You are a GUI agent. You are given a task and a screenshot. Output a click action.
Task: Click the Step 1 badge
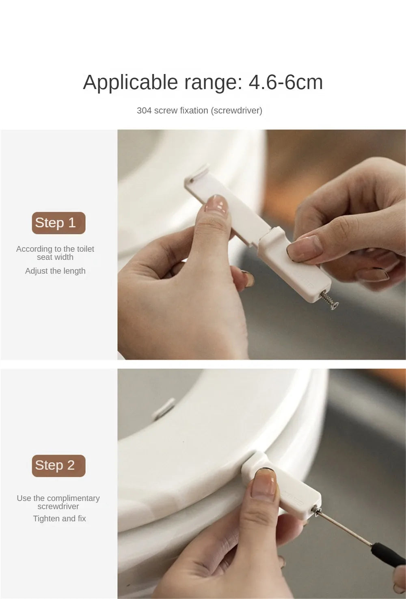(58, 223)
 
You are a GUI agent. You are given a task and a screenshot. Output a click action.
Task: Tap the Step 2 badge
(58, 466)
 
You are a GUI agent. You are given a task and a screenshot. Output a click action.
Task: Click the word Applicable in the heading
(130, 83)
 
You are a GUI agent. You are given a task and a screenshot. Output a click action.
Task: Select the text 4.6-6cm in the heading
(285, 82)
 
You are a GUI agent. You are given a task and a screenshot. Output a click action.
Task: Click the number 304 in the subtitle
(144, 111)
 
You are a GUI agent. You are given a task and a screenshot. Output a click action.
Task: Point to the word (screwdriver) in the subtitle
(237, 111)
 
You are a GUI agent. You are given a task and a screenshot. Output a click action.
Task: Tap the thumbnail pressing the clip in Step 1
(216, 204)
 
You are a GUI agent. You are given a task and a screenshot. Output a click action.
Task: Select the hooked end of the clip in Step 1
(198, 172)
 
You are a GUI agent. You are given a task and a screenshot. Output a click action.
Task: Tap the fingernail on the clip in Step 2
(264, 482)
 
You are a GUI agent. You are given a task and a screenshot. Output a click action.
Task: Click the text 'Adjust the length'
(55, 271)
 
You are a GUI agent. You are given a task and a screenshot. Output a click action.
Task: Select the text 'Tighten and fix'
(59, 518)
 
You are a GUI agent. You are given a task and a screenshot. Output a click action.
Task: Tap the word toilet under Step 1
(85, 249)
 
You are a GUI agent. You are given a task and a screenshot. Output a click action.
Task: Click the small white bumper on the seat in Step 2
(164, 408)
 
